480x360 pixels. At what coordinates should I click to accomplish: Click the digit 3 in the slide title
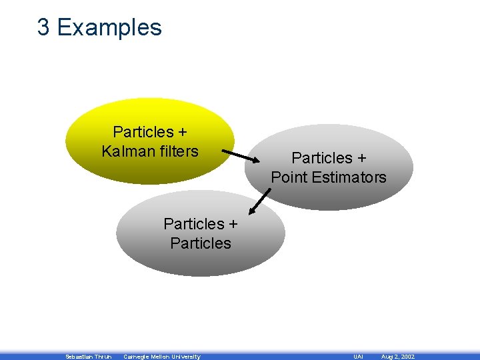coord(43,27)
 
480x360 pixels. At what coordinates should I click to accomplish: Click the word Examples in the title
coord(109,27)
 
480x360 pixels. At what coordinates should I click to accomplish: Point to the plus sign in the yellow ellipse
coord(182,132)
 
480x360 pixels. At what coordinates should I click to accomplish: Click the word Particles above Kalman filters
coord(143,132)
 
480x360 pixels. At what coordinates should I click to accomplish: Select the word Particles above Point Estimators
coord(321,158)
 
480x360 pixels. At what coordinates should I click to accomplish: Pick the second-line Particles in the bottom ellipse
coord(201,243)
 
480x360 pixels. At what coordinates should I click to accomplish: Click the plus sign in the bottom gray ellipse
coord(233,224)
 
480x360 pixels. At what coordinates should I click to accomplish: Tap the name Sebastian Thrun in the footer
coord(89,357)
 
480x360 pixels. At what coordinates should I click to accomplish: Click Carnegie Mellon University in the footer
coord(161,357)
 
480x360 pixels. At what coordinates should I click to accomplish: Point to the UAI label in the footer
coord(358,357)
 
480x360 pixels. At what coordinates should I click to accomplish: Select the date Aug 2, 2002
coord(397,357)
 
